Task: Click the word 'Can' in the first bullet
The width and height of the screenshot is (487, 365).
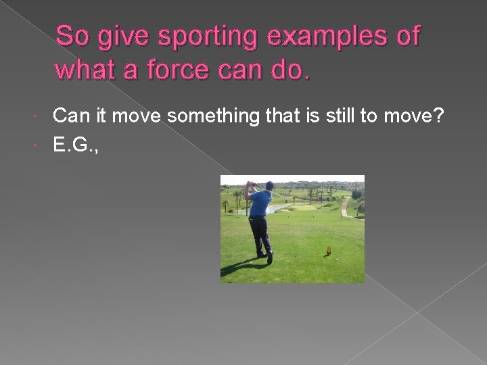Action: point(69,116)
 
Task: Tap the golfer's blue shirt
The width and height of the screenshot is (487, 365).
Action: point(260,203)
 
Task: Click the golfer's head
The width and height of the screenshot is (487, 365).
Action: point(270,186)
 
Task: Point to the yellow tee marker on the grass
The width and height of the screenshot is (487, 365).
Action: point(329,251)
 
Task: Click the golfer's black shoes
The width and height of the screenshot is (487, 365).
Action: point(270,258)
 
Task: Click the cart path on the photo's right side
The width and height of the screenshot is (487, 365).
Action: point(346,207)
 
